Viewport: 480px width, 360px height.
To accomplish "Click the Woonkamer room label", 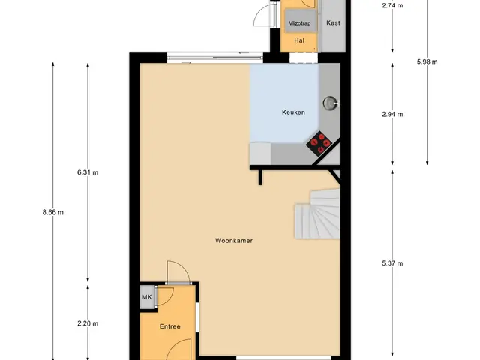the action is (x=234, y=241).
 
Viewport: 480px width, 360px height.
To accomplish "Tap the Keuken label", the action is (x=293, y=112).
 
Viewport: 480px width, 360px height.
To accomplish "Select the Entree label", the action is (x=170, y=326).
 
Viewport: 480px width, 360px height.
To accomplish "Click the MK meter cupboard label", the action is (x=147, y=297).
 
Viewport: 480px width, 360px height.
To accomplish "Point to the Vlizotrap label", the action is (x=300, y=23).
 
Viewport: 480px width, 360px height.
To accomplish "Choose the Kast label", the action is (x=333, y=22).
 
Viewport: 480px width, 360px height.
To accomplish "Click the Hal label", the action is (x=299, y=40).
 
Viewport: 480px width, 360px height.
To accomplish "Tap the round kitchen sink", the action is (x=330, y=103).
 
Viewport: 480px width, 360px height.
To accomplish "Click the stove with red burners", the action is (x=319, y=143).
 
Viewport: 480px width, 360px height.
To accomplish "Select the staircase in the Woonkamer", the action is (x=318, y=214).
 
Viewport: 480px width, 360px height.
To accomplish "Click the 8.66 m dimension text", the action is (x=53, y=212).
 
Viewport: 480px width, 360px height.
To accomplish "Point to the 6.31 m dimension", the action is (x=88, y=172).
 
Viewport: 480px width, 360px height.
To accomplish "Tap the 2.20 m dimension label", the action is (x=88, y=323).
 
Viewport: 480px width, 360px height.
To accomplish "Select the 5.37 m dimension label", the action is (x=392, y=263).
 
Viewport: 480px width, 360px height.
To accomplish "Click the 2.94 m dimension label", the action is (x=392, y=115).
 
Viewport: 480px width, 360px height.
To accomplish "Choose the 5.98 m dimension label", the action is (x=427, y=61).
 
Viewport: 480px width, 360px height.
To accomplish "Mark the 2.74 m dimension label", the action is (x=392, y=5).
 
